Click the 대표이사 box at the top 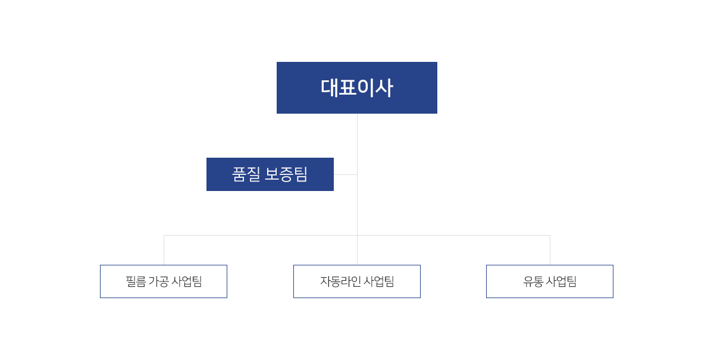pos(356,87)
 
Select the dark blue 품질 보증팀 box pos(270,174)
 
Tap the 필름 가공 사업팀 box pos(164,281)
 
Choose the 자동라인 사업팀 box pos(357,281)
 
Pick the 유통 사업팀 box pos(550,281)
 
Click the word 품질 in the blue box pos(246,174)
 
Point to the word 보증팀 pos(286,174)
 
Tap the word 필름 pos(136,281)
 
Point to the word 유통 pos(533,281)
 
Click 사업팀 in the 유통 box pos(561,281)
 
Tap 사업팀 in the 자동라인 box pos(379,281)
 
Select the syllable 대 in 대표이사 pos(329,87)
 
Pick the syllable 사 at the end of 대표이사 pos(384,87)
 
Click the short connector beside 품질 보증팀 pos(346,175)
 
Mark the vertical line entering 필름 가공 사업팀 pos(164,250)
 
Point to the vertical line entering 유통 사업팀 pos(550,250)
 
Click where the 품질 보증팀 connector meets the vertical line pos(358,175)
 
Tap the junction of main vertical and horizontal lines pos(358,235)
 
